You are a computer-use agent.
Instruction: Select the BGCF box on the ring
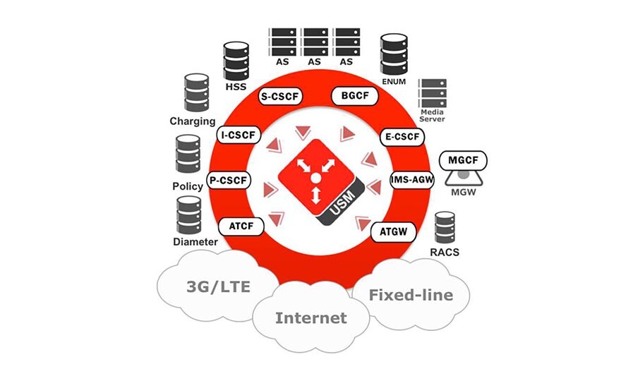coord(351,96)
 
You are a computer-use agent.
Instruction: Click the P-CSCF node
coord(229,181)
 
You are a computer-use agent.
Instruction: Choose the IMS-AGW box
coord(411,181)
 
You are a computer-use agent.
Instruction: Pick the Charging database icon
coord(195,93)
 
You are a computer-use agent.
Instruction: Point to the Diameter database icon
coord(188,215)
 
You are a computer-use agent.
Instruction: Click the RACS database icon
coord(445,228)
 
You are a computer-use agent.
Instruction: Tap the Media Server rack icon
coord(432,92)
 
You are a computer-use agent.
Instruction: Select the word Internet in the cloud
coord(311,317)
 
